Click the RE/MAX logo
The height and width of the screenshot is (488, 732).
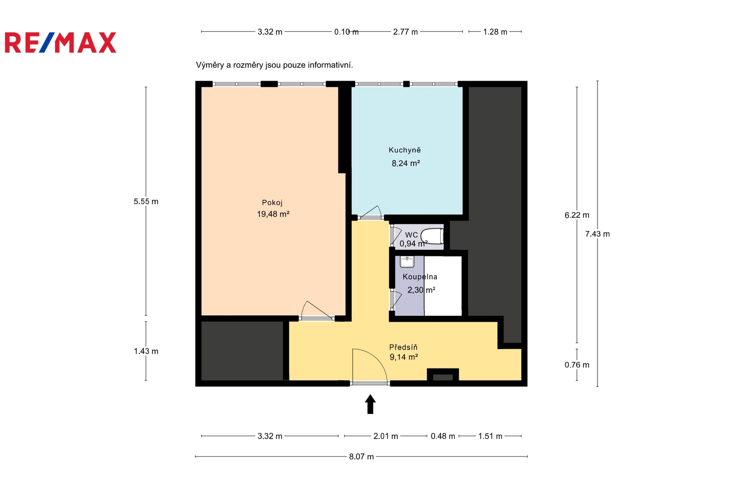click(60, 43)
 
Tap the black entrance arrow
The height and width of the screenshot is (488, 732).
click(370, 404)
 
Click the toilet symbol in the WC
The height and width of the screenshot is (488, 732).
click(432, 236)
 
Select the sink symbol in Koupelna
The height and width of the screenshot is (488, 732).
click(407, 262)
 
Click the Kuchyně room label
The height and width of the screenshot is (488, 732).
click(404, 150)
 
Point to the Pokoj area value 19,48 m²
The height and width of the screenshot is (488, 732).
click(273, 214)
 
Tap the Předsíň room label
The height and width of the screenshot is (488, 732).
click(403, 347)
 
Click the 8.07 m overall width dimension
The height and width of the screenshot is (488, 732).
click(361, 456)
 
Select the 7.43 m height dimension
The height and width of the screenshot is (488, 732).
click(597, 234)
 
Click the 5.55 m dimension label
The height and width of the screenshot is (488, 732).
click(146, 201)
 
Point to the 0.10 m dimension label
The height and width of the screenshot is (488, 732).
click(346, 32)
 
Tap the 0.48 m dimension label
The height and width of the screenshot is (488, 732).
click(443, 436)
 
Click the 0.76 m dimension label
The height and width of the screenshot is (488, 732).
click(577, 365)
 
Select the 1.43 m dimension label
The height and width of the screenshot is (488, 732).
click(146, 351)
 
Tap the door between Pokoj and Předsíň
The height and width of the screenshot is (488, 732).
click(316, 311)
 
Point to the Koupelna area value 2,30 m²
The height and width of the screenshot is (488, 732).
click(421, 290)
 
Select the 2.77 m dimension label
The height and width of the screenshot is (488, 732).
click(405, 32)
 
